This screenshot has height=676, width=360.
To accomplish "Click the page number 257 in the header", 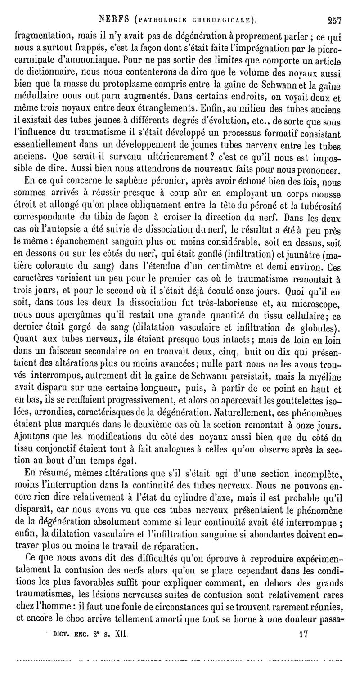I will tap(334, 7).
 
